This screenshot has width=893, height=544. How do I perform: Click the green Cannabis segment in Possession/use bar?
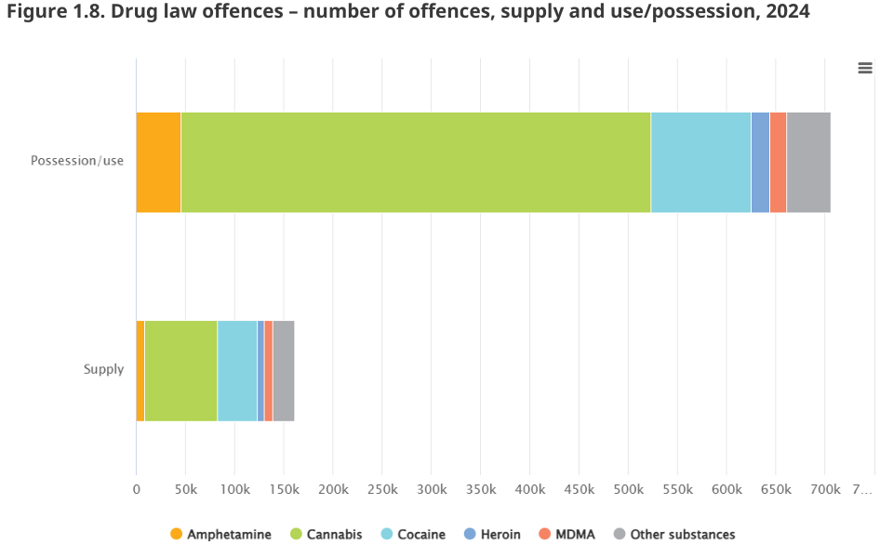point(416,163)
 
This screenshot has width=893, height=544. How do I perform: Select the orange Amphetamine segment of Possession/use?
point(158,163)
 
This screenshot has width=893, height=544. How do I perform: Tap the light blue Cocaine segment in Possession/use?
point(701,163)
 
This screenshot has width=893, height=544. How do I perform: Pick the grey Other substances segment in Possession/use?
point(808,163)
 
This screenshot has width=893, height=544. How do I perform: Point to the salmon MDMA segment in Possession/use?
point(778,163)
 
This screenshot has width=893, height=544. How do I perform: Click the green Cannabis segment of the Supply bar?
point(181,371)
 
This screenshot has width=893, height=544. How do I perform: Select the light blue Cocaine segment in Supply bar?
point(237,371)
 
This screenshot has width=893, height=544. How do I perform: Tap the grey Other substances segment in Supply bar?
point(284,371)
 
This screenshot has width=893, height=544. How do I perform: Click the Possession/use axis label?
point(77,161)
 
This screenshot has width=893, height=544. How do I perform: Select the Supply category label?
point(103,369)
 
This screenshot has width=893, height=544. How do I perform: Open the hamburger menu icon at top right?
point(865,68)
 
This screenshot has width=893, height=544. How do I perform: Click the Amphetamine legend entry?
point(221,535)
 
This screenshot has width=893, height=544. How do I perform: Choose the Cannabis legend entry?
point(327,535)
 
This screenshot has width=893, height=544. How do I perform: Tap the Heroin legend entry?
point(493,535)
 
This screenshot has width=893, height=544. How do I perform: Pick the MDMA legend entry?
point(567,535)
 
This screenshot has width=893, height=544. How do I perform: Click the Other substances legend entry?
point(674,535)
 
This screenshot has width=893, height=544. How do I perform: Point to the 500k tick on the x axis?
point(628,489)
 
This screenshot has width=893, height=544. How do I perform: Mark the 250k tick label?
point(382,489)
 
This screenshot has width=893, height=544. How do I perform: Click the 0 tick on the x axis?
point(136,489)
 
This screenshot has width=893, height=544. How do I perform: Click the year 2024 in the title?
point(788,11)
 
